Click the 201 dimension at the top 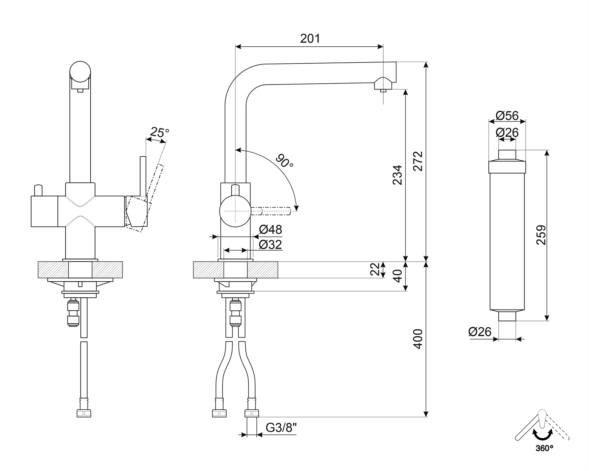310,38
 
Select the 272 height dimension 418,161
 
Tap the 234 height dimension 397,175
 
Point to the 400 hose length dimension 418,339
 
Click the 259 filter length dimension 541,235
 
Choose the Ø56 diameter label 507,115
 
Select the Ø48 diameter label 271,229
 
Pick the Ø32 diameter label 271,245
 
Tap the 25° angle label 159,132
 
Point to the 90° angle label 285,161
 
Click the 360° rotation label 544,456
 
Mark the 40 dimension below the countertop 397,276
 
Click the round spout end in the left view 80,71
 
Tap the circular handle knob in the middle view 235,211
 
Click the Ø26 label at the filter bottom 480,332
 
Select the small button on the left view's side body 38,190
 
